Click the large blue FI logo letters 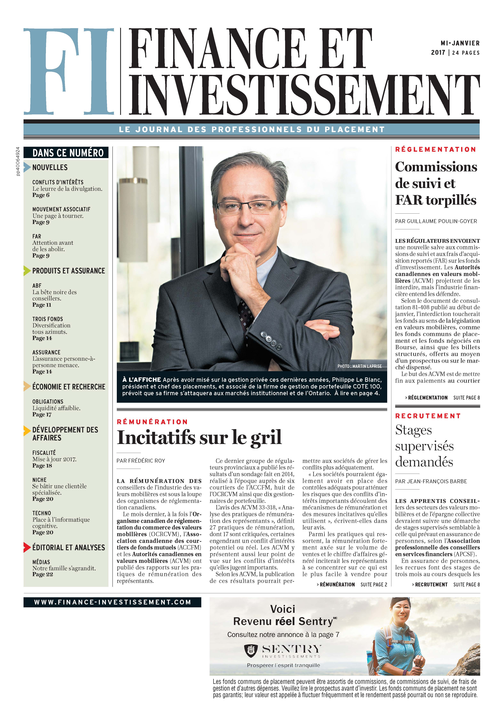69,72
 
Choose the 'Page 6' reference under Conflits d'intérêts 41,195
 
